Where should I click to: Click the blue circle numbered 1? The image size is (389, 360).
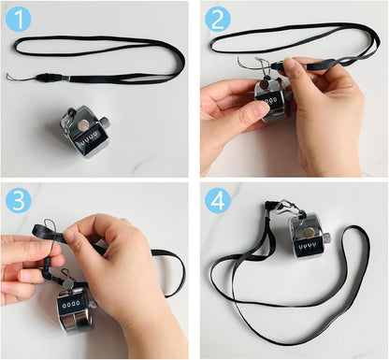coord(19,19)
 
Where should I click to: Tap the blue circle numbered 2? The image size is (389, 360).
coord(218,20)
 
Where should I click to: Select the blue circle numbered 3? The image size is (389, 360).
coord(19,200)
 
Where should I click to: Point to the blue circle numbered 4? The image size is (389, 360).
coord(218,200)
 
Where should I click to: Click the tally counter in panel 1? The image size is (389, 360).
coord(85,132)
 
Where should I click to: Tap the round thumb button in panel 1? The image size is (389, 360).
coord(83,125)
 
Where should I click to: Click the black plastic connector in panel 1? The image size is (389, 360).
coord(48,78)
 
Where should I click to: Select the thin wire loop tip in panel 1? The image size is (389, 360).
coord(8,76)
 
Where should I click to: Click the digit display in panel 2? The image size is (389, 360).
coord(270,101)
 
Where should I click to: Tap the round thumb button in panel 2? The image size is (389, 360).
coord(265,83)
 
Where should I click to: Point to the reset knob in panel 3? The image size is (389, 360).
coord(93,303)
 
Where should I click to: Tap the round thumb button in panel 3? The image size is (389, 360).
coord(67,283)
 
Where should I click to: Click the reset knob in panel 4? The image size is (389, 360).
coord(326,238)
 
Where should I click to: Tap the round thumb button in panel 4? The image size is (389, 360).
coord(309,232)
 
